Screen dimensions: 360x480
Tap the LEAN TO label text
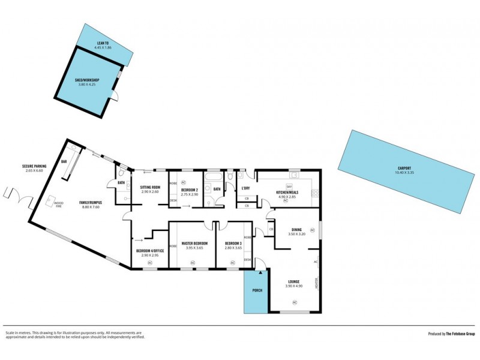point(103,44)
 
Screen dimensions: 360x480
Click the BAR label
point(64,161)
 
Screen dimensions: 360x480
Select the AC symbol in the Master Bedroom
point(193,262)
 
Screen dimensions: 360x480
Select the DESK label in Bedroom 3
point(247,259)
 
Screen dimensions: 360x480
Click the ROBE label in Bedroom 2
point(173,183)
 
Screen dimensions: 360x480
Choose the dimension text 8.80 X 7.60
point(89,207)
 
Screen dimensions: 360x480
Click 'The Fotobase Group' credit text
point(460,334)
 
